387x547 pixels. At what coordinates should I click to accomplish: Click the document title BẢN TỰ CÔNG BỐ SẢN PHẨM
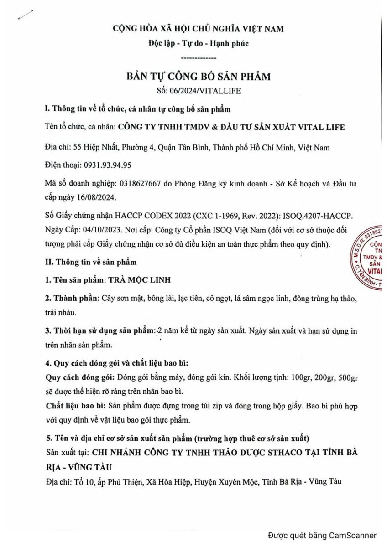(x=198, y=76)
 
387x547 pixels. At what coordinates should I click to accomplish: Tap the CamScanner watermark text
(x=322, y=535)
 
